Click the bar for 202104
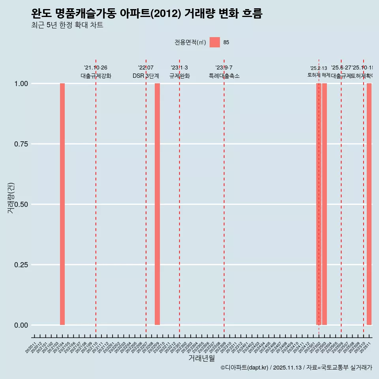click(x=62, y=204)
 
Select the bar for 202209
click(x=157, y=204)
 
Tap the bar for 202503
click(x=325, y=204)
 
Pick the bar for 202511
click(x=369, y=204)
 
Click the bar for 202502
click(x=319, y=204)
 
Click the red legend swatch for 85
click(x=215, y=42)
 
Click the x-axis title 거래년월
click(x=201, y=358)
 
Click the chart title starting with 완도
click(x=146, y=14)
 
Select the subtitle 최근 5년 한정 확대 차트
click(x=67, y=26)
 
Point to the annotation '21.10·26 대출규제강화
click(x=96, y=72)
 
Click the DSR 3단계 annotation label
click(x=146, y=76)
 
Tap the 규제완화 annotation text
click(x=180, y=76)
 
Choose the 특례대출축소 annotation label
click(x=224, y=76)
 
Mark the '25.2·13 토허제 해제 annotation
click(x=319, y=71)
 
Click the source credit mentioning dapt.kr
click(x=296, y=368)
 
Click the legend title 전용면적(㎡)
click(x=190, y=42)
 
